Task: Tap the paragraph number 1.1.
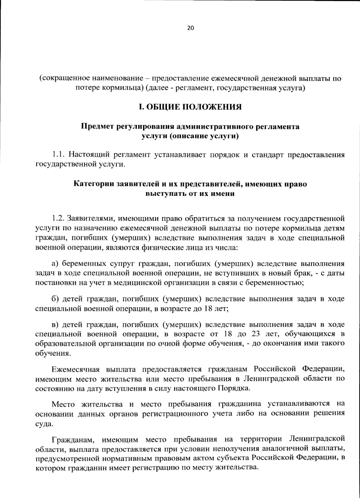coord(59,155)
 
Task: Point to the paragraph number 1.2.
coord(58,217)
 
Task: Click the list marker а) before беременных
coord(55,264)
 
